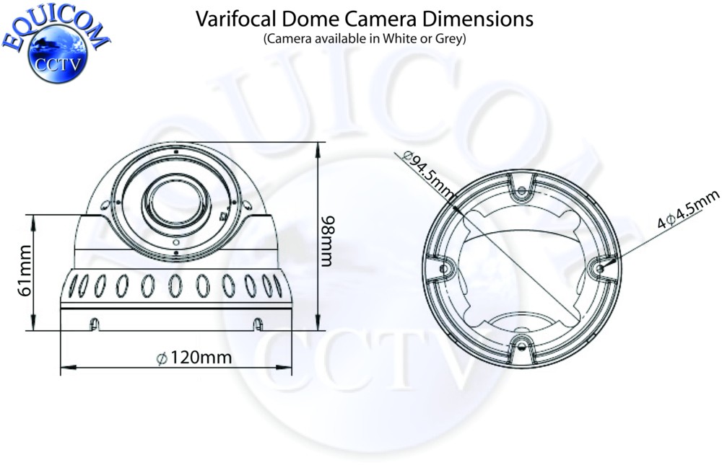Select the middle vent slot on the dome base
pyautogui.click(x=175, y=285)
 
